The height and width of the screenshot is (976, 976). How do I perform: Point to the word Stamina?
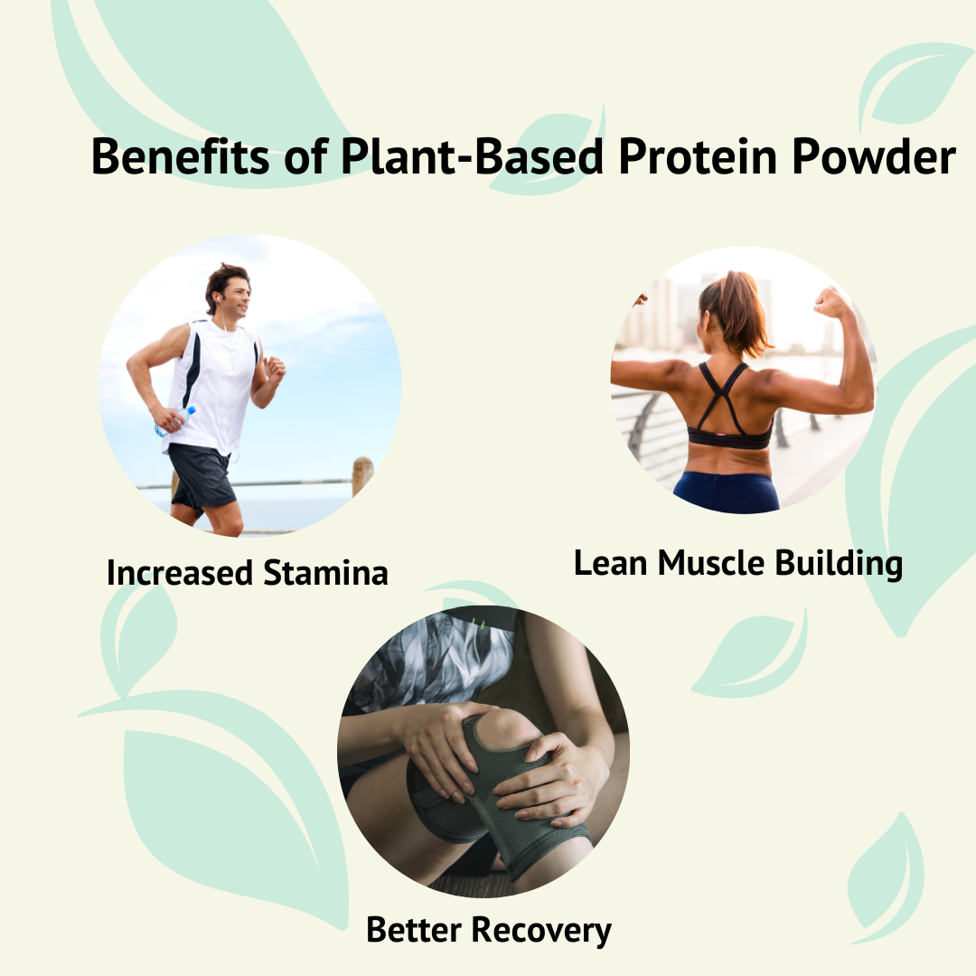325,573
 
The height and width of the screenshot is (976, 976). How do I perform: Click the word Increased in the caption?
179,573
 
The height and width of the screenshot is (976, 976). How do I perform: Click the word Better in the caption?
416,930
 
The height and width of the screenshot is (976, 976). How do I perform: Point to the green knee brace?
506,795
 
